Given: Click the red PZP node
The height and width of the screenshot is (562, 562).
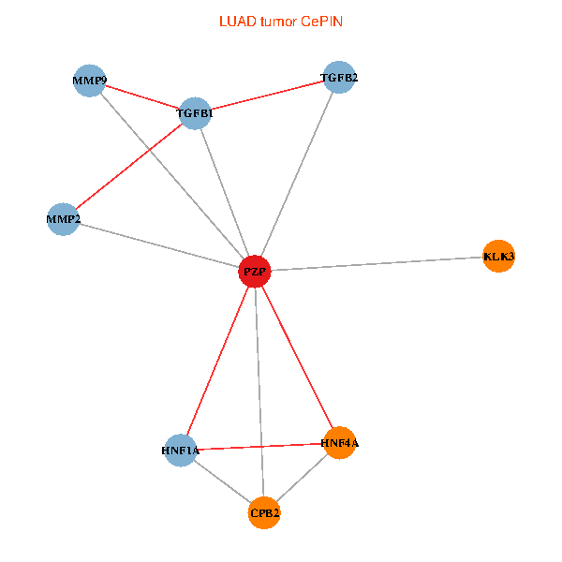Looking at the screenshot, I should [x=255, y=271].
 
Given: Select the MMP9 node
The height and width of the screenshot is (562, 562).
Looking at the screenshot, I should [x=88, y=81].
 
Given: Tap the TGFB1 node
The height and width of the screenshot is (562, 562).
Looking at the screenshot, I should [x=194, y=113].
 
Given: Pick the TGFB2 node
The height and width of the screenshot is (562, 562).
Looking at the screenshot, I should [x=338, y=78].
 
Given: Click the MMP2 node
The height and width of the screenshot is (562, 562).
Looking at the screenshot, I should [x=63, y=219].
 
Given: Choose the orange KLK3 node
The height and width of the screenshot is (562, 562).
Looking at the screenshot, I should [x=498, y=256].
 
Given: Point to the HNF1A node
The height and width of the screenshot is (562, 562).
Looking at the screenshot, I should [x=180, y=451].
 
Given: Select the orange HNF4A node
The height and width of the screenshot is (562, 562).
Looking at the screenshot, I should [x=338, y=442].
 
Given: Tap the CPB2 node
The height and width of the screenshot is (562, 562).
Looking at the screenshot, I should [x=264, y=512].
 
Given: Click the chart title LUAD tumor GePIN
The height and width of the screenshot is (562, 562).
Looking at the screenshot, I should [x=280, y=21].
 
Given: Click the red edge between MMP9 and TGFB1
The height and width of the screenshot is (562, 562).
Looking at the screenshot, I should [x=140, y=96].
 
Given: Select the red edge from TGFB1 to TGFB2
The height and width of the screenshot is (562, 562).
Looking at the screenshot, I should [x=266, y=96].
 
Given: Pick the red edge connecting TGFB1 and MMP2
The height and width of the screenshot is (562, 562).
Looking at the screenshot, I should [x=128, y=167].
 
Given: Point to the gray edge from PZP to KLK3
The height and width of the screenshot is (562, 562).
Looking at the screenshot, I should [x=377, y=263].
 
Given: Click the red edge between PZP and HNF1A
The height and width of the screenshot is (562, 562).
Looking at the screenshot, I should [x=217, y=361].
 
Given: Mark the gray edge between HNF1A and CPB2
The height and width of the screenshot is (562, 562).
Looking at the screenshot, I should [x=222, y=481].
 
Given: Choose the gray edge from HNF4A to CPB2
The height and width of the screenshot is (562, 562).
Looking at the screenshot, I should [x=301, y=478].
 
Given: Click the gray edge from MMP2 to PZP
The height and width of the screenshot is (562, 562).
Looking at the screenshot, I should [x=159, y=244].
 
